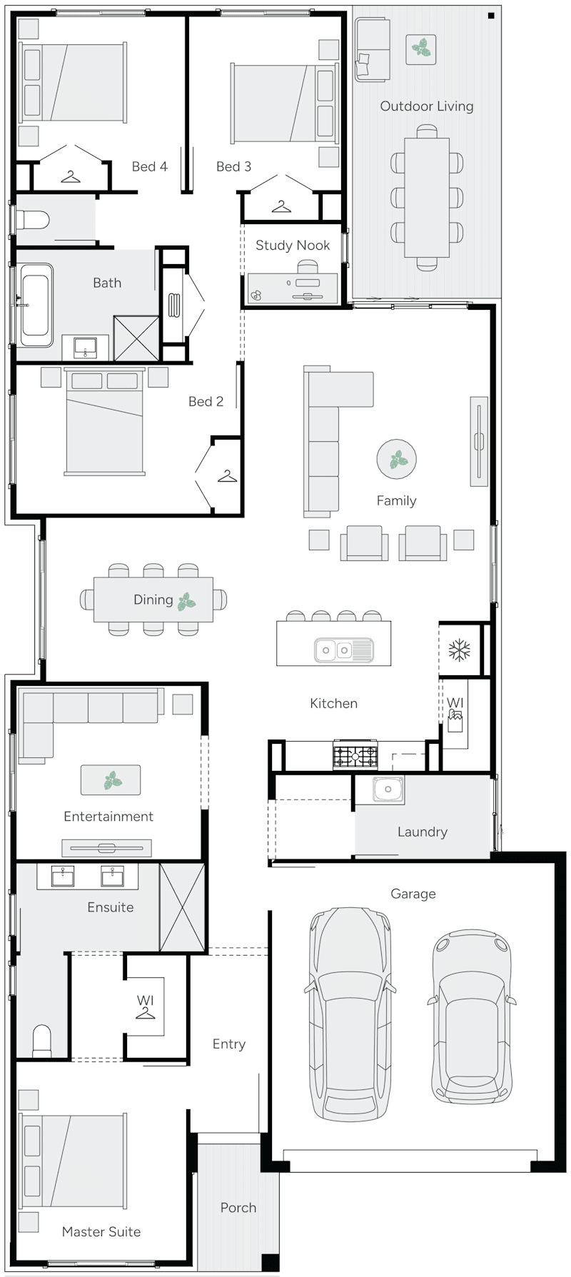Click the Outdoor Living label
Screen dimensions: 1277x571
click(426, 106)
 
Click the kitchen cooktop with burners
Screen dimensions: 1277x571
click(355, 755)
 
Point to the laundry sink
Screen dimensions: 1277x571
click(388, 789)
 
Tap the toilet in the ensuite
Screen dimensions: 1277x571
click(42, 1041)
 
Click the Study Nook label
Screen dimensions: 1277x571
click(293, 245)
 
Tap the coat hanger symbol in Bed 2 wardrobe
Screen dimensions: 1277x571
click(227, 475)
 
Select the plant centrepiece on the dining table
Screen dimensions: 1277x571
click(187, 600)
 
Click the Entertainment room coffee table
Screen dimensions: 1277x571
click(111, 780)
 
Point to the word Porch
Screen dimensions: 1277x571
click(238, 1208)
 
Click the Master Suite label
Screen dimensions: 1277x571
click(101, 1231)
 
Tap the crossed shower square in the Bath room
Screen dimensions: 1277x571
click(136, 338)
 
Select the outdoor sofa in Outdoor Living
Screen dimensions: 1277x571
click(373, 51)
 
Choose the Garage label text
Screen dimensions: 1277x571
click(413, 894)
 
